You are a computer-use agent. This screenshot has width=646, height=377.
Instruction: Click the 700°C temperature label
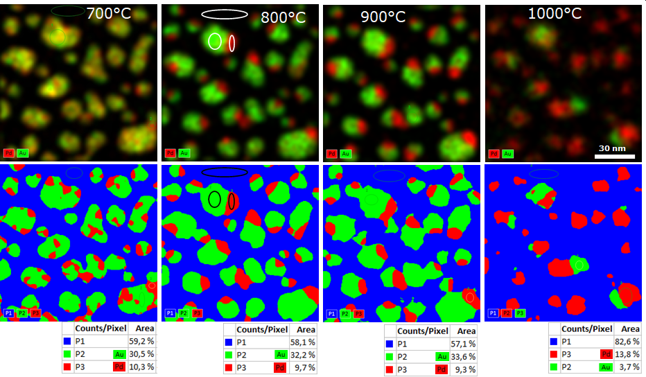tap(113, 13)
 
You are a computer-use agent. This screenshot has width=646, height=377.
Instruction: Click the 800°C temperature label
tap(283, 18)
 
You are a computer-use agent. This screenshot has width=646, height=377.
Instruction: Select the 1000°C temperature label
tap(555, 13)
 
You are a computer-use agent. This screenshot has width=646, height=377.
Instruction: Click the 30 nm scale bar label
tap(613, 148)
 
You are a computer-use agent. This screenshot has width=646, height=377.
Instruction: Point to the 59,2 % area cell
tap(141, 341)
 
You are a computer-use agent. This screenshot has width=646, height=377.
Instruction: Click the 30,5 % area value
tap(141, 353)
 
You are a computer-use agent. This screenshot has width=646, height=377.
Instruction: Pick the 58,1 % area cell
tap(302, 342)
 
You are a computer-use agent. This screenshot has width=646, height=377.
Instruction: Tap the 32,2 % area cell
tap(302, 355)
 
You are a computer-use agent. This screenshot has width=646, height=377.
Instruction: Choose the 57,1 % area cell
tap(462, 344)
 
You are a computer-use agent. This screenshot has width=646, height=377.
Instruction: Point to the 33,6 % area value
tap(462, 356)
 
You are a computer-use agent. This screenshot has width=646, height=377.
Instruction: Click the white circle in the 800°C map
tap(215, 42)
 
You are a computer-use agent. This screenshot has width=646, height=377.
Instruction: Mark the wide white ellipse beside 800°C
tap(225, 14)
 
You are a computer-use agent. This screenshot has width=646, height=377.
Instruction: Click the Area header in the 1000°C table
tap(630, 328)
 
